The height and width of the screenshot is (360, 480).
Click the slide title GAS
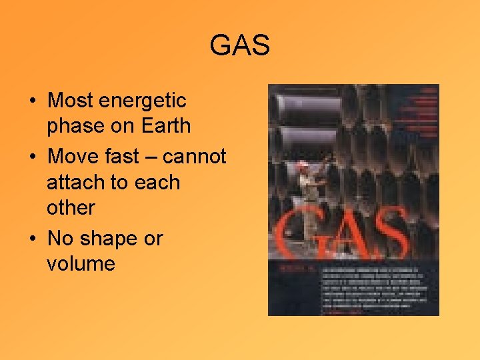click(x=239, y=46)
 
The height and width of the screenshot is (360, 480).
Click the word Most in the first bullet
click(x=70, y=101)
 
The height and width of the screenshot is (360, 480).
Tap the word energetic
click(x=143, y=101)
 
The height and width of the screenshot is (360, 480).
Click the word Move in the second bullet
click(x=73, y=157)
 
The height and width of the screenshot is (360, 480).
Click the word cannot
click(x=195, y=157)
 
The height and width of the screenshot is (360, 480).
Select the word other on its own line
click(x=70, y=207)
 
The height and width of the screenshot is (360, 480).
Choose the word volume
click(x=81, y=263)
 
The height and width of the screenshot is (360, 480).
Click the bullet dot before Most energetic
click(x=32, y=102)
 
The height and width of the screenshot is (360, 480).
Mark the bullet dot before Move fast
click(x=32, y=158)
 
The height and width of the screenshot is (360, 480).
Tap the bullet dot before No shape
click(x=32, y=239)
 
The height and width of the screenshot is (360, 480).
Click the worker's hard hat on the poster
click(x=303, y=163)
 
